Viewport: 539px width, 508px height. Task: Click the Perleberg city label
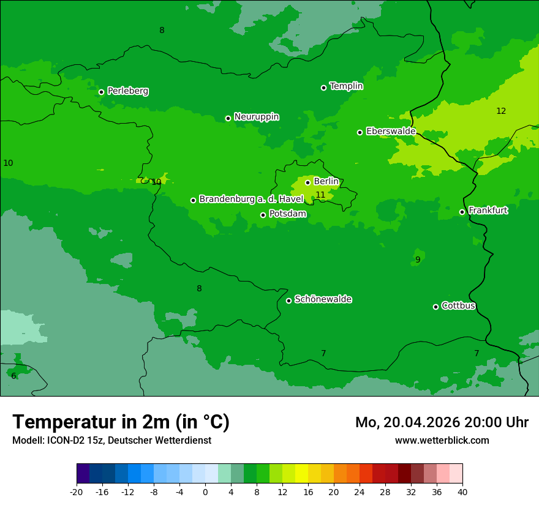tap(127, 91)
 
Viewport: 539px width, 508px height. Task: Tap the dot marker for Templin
tap(323, 88)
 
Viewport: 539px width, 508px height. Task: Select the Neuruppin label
tap(256, 117)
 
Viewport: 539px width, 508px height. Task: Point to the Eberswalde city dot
tap(360, 132)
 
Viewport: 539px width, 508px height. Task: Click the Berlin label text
tap(326, 182)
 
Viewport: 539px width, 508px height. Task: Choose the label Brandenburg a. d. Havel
tap(251, 199)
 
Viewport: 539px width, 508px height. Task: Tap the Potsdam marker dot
tap(263, 215)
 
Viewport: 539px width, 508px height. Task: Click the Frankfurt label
tap(488, 211)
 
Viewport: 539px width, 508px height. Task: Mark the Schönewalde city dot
tap(288, 301)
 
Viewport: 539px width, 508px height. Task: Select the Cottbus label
tap(458, 305)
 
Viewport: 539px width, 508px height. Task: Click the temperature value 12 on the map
tap(501, 111)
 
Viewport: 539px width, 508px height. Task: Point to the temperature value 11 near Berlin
tap(320, 195)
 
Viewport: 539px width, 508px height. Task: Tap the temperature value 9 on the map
tap(418, 260)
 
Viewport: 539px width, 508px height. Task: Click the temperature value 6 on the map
tap(13, 376)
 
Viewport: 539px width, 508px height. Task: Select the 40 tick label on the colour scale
tap(462, 492)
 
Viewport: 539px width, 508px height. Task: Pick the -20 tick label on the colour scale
tap(77, 492)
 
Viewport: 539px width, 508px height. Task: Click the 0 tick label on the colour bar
tap(205, 492)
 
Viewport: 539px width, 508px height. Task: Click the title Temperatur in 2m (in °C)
tap(121, 422)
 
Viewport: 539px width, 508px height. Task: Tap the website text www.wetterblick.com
tap(442, 441)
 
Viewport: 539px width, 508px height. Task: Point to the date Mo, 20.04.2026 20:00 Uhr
tap(442, 422)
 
